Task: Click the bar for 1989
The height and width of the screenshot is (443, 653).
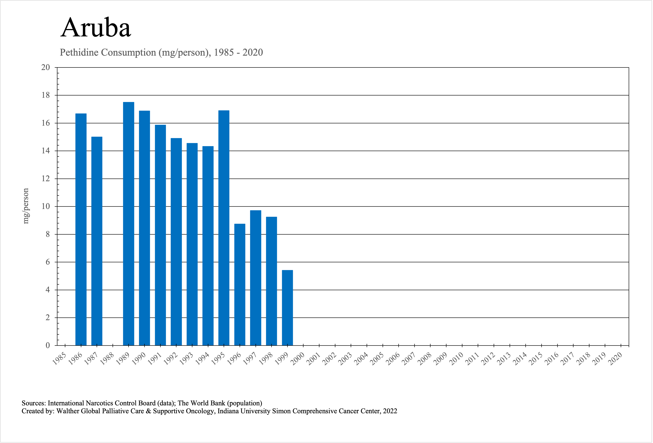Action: [129, 224]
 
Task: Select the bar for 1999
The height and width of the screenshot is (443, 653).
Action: [287, 308]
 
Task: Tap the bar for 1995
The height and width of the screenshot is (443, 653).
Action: [224, 228]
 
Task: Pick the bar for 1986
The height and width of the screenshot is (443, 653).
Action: [81, 229]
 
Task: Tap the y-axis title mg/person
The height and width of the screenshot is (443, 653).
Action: [26, 206]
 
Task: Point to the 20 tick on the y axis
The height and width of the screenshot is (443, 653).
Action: [45, 68]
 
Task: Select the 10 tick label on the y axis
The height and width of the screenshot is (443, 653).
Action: [45, 206]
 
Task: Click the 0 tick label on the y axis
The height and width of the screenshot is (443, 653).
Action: [48, 345]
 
